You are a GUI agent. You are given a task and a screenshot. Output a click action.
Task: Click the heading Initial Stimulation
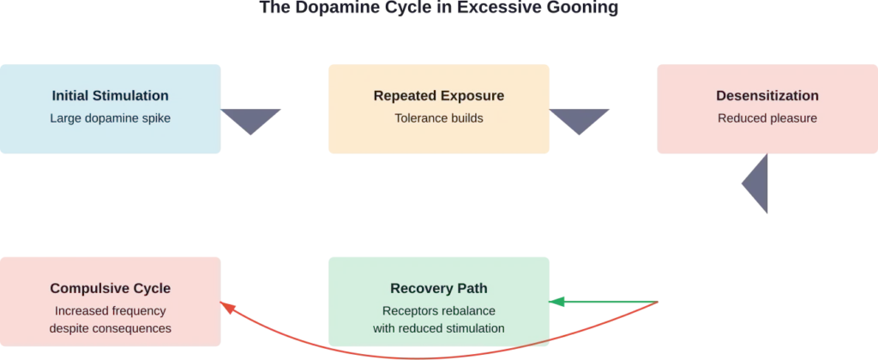pos(110,95)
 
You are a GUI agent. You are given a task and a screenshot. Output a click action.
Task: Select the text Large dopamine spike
pos(110,118)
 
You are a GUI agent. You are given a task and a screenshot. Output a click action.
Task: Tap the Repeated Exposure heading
pos(438,95)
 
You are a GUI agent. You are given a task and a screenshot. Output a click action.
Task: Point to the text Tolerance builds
pos(438,118)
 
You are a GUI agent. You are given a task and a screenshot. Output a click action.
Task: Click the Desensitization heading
pos(767,95)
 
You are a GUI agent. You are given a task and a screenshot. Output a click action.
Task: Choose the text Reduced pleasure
pos(767,118)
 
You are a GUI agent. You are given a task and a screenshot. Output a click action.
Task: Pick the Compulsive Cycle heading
pos(110,288)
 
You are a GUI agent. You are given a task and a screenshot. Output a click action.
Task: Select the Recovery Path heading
pos(438,288)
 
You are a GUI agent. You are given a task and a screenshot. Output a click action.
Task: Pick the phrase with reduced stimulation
pos(438,327)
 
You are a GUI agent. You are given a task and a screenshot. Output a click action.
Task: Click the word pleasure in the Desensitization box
pos(792,118)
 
